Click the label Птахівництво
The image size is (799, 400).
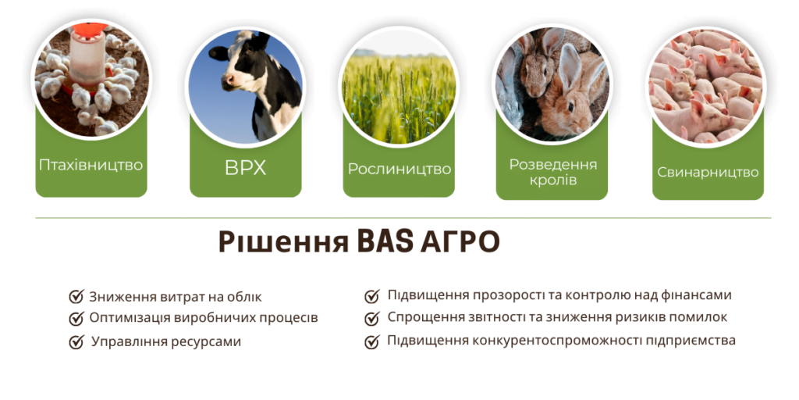tap(91, 165)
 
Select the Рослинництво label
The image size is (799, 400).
tap(399, 169)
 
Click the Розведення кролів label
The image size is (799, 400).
tap(552, 172)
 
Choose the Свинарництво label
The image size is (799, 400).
tap(708, 172)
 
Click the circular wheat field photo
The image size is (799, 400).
tap(399, 86)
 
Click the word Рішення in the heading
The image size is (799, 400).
tap(283, 242)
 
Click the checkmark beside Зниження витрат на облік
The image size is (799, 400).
tap(76, 297)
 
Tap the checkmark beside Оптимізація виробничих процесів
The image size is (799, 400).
tap(76, 319)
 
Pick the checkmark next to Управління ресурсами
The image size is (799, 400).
tap(76, 342)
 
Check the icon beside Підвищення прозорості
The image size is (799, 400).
tap(372, 296)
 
